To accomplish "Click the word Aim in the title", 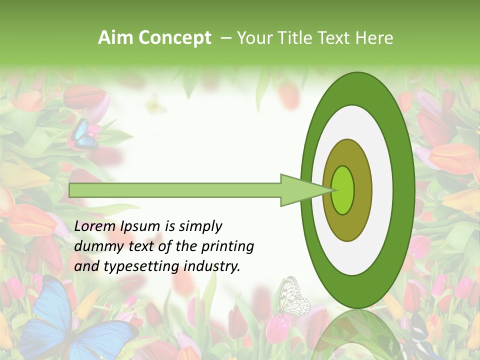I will coord(115,38).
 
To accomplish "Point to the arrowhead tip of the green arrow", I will coord(334,190).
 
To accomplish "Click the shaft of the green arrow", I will coord(175,190).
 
